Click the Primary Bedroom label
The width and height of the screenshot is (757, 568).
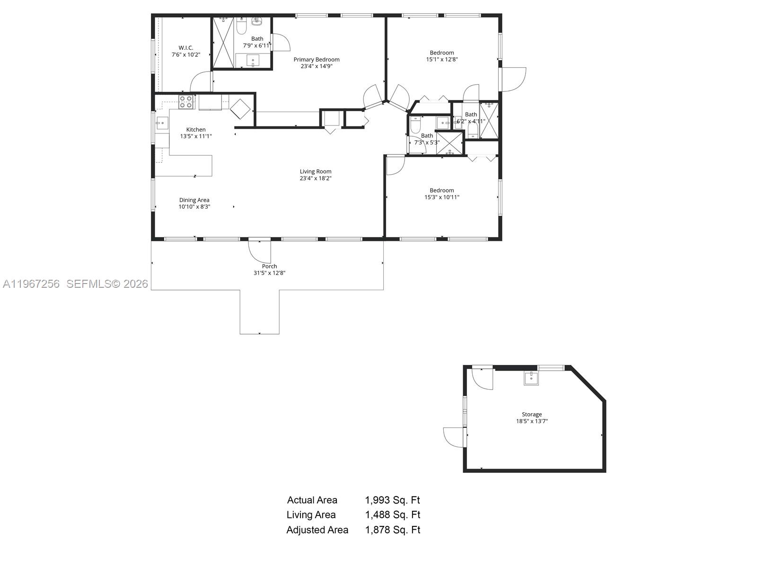[x=317, y=60]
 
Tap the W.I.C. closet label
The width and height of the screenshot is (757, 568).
[x=186, y=48]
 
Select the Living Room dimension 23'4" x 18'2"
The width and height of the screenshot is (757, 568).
[x=316, y=178]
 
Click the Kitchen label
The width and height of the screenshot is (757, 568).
[x=196, y=130]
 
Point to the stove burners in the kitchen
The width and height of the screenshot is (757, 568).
[x=186, y=102]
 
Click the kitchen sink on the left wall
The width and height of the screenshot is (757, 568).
[x=162, y=123]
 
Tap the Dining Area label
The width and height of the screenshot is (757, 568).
[x=194, y=200]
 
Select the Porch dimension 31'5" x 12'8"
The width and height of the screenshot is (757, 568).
[x=269, y=273]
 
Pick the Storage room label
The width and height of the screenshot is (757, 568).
[x=532, y=415]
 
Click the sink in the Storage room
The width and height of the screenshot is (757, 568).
[x=531, y=378]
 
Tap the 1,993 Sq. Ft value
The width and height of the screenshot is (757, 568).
[x=392, y=500]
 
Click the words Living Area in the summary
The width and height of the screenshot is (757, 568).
[x=311, y=515]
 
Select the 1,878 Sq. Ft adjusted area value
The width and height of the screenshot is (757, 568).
[x=392, y=530]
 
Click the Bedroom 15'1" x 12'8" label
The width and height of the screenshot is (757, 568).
[x=442, y=53]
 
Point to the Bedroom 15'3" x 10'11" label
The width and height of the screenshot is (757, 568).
[x=442, y=191]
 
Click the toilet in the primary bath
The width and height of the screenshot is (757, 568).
[x=241, y=27]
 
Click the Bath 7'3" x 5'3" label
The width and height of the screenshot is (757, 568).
[x=427, y=136]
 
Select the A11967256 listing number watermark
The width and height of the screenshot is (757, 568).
[x=31, y=284]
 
